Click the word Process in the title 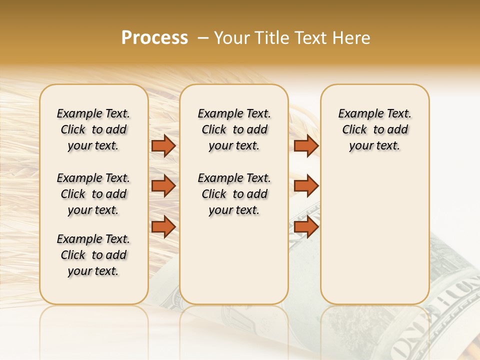tap(154, 38)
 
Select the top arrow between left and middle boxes tap(163, 145)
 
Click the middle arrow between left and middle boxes tap(163, 185)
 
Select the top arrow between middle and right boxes tap(306, 145)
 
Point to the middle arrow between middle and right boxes tap(306, 185)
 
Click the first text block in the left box tap(93, 129)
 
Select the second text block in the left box tap(93, 194)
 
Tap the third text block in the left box tap(93, 255)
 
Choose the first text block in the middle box tap(234, 129)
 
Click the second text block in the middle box tap(234, 194)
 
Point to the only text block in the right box tap(374, 129)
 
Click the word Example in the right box tap(356, 114)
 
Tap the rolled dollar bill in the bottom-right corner tap(440, 320)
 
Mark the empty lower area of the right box tap(374, 235)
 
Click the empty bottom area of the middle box tap(234, 265)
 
